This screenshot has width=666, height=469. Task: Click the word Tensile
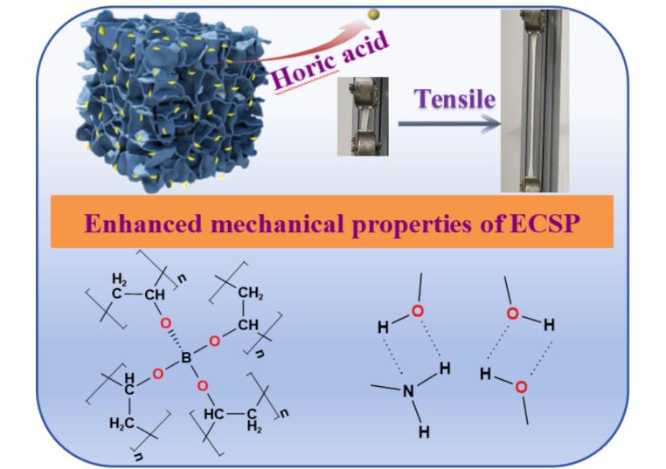[x=454, y=100]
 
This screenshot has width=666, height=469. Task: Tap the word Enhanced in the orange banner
[x=143, y=224]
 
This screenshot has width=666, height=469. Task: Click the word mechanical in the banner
[x=277, y=224]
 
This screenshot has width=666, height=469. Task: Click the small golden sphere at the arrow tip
[x=374, y=15]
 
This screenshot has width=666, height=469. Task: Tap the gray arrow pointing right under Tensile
[x=449, y=123]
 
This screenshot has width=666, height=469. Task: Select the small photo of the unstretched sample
[x=363, y=116]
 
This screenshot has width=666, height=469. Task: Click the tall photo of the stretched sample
[x=534, y=100]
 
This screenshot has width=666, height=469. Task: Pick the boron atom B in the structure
[x=186, y=358]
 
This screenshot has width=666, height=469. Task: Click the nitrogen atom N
[x=408, y=391]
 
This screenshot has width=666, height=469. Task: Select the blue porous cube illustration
[x=172, y=100]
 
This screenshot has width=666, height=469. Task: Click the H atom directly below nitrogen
[x=424, y=432]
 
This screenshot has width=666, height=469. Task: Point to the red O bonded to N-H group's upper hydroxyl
[x=418, y=311]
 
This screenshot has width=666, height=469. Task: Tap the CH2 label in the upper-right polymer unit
[x=251, y=293]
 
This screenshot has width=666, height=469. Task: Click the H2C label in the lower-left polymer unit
[x=121, y=424]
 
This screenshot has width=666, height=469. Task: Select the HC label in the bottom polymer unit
[x=213, y=414]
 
